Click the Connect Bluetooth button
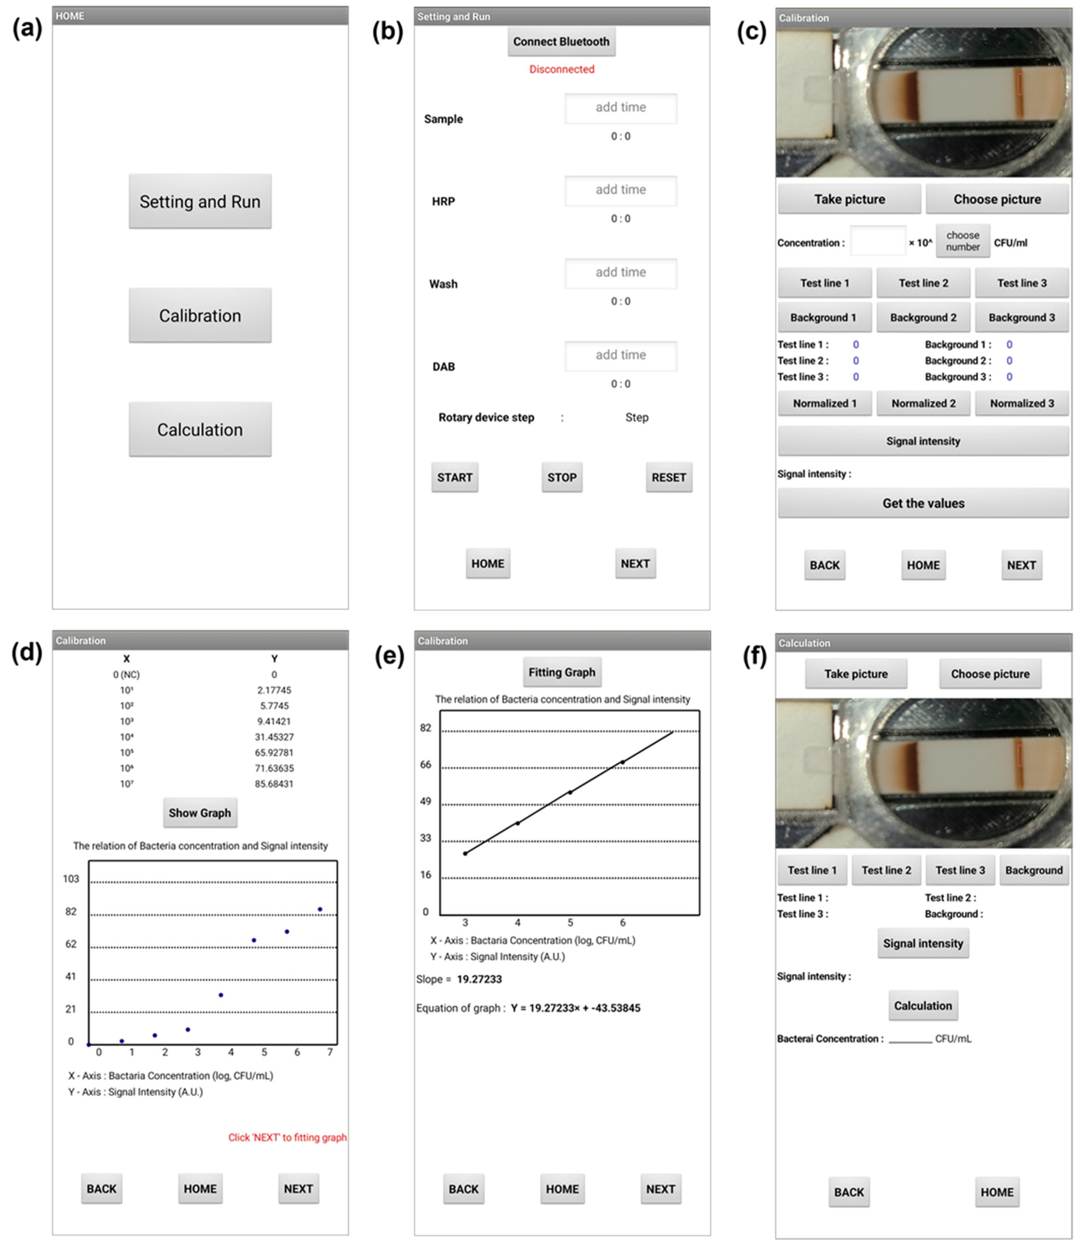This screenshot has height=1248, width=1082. [561, 42]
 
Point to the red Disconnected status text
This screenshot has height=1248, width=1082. [562, 70]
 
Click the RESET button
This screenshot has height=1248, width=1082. [668, 477]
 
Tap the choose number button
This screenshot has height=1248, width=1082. [962, 241]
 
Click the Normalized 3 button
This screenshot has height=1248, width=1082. [1021, 404]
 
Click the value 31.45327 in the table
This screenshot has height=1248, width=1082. [274, 737]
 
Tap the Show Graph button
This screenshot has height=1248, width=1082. [200, 813]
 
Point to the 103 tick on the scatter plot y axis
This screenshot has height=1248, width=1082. [71, 879]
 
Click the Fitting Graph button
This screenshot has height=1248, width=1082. [562, 672]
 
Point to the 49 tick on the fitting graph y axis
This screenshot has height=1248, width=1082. [426, 801]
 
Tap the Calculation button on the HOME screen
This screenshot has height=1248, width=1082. [200, 430]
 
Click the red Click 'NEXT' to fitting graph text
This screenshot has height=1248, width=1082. [288, 1137]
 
